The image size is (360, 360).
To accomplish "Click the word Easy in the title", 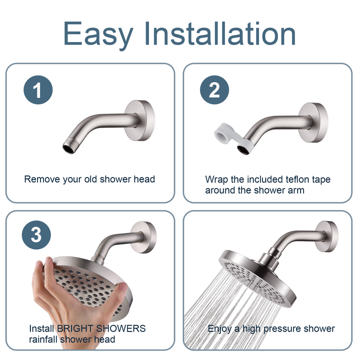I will tap(98, 34).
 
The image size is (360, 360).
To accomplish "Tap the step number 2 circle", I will tap(213, 90).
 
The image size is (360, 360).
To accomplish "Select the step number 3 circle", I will tap(36, 234).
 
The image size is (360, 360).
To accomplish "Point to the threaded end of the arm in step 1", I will tap(68, 147).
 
